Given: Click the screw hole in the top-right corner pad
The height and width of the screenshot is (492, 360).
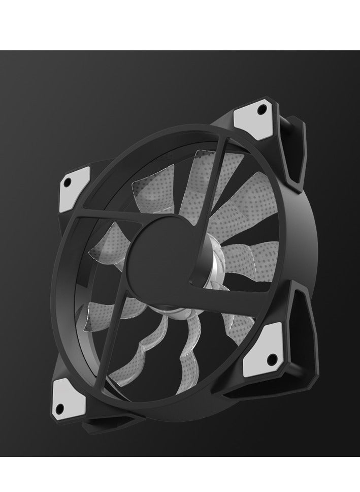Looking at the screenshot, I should pyautogui.click(x=262, y=107).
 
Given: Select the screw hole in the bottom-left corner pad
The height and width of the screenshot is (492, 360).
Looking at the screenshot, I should pyautogui.click(x=59, y=407).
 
